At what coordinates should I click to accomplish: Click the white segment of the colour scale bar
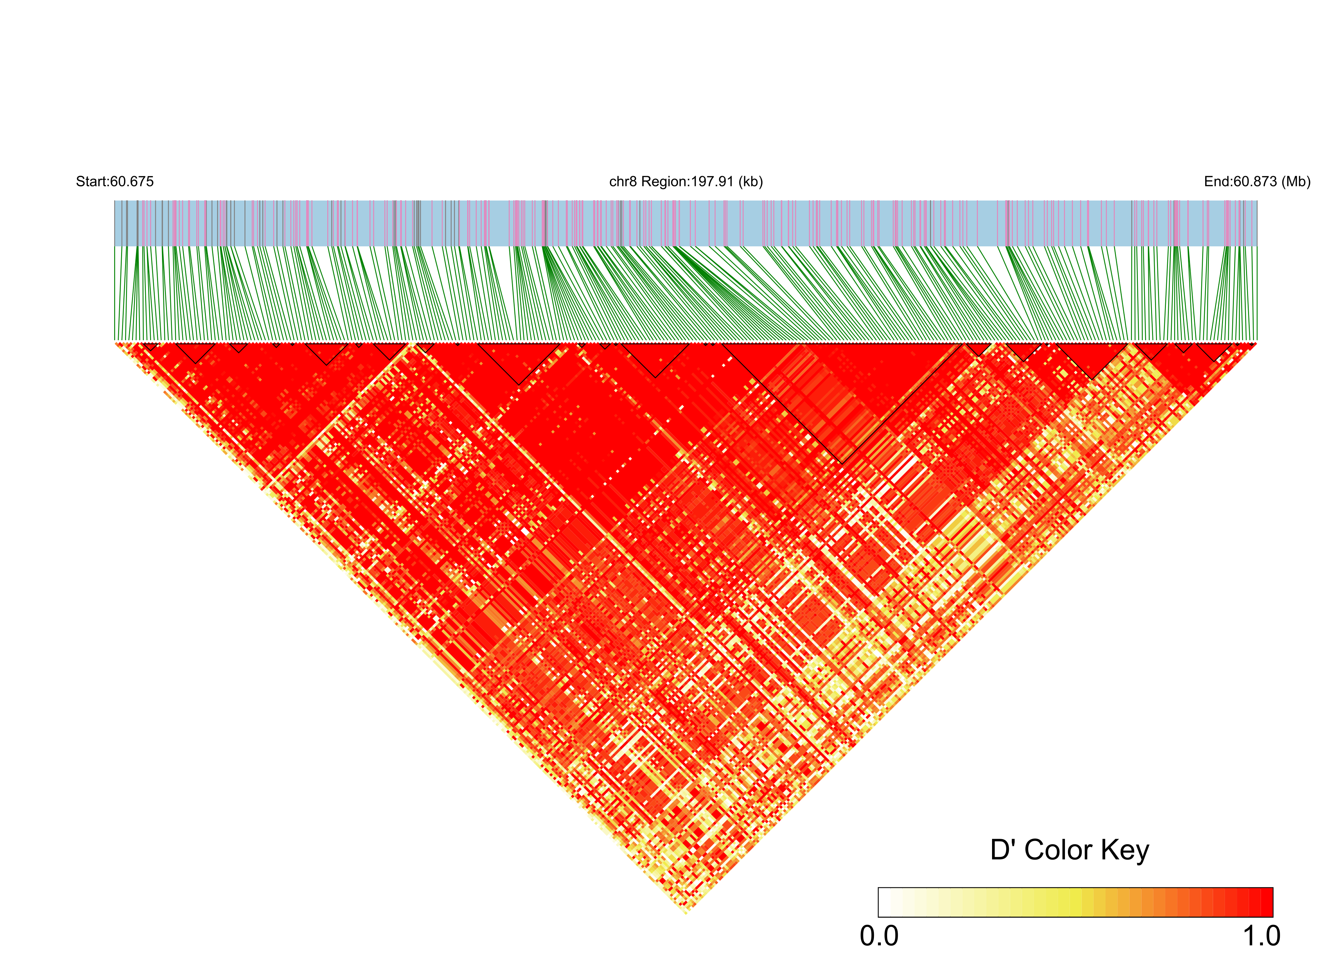884,902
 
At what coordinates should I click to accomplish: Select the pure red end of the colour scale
1266,902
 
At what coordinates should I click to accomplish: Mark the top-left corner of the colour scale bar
879,888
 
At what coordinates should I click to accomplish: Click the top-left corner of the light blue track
114,201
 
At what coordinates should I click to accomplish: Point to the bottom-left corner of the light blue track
114,246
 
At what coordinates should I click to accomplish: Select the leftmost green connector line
115,295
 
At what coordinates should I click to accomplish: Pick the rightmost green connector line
1256,295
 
